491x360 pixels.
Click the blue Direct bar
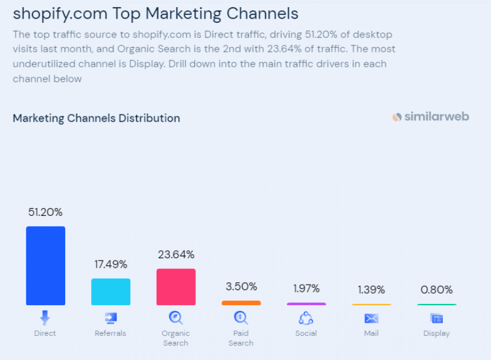[45, 265]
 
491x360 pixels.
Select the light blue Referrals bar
[110, 291]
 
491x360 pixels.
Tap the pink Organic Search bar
[176, 286]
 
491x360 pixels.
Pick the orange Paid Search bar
[241, 303]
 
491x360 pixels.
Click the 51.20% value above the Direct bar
[45, 212]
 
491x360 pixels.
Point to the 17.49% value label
[110, 264]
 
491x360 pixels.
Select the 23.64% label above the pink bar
[176, 254]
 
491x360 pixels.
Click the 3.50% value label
[241, 286]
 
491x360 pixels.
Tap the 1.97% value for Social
[306, 289]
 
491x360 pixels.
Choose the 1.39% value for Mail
[371, 290]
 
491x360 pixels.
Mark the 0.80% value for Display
[436, 290]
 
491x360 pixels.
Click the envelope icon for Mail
[371, 318]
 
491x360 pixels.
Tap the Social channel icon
[306, 318]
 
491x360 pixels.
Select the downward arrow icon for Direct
[45, 318]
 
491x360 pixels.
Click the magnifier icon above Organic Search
[176, 318]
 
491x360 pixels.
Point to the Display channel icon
[436, 318]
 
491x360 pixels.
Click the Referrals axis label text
[110, 333]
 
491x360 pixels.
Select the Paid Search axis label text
[241, 338]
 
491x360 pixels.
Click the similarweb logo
[430, 117]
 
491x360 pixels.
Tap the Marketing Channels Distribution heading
[97, 118]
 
